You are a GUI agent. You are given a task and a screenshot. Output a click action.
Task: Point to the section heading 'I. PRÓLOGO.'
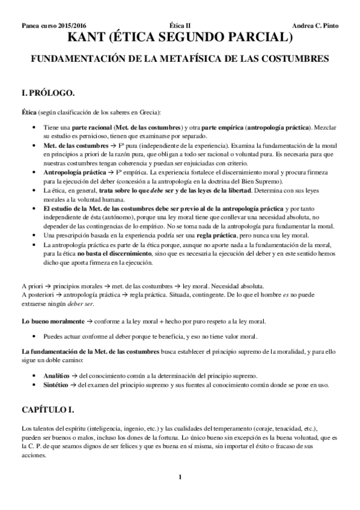pos(47,93)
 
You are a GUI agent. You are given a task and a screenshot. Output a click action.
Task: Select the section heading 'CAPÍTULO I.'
pos(47,410)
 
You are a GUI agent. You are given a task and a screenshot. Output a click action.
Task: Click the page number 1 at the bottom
pos(180,478)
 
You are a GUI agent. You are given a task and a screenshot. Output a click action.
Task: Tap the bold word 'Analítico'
pos(56,375)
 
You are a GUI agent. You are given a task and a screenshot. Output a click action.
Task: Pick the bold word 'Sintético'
pos(56,385)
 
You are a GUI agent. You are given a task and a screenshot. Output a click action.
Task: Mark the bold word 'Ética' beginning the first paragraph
pos(29,112)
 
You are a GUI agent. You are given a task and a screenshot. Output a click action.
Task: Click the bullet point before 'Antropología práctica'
pos(35,171)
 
